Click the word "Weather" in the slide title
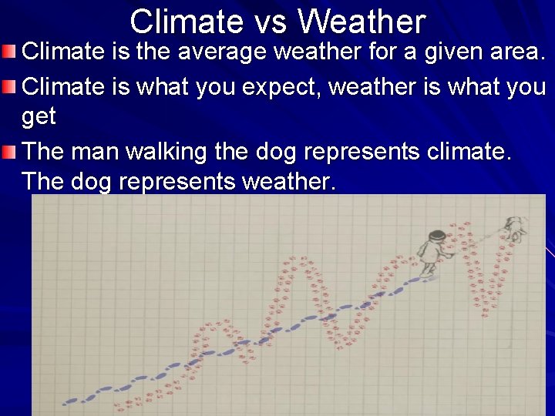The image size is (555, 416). [362, 21]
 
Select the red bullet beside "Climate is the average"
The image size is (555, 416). [8, 53]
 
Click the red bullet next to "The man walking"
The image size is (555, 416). [8, 152]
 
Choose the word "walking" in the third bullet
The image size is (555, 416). [160, 151]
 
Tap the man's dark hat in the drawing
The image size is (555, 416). [437, 235]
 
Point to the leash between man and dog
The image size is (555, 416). [478, 240]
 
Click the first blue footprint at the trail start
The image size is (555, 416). [70, 401]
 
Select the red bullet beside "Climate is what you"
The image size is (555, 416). [8, 87]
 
